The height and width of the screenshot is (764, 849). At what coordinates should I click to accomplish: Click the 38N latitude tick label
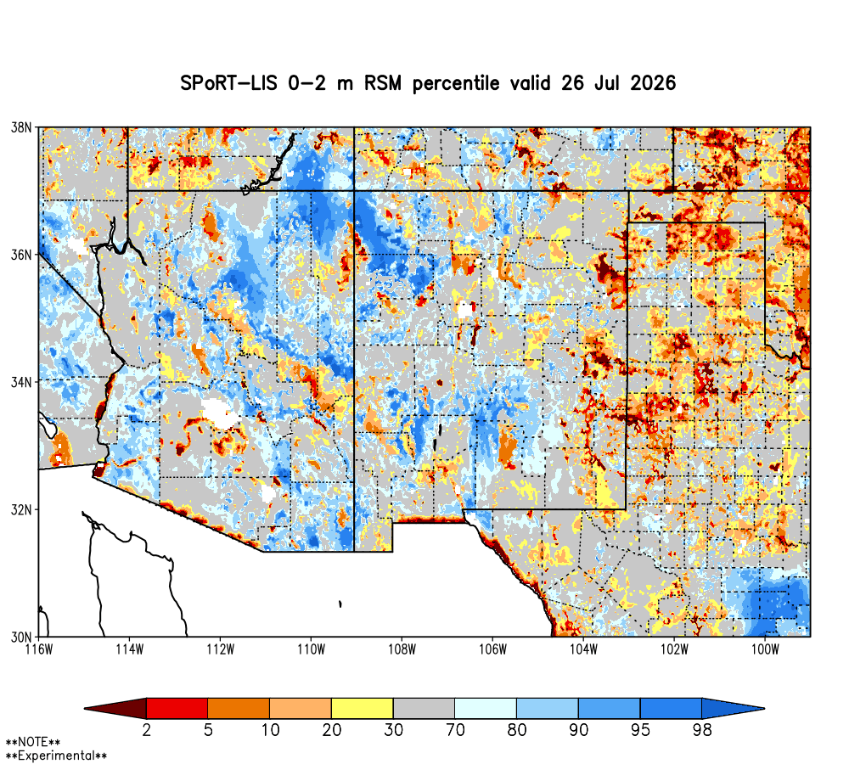[x=21, y=127]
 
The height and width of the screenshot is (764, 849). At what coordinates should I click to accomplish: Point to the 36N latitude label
[x=21, y=255]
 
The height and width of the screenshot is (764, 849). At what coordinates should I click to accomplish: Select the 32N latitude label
[x=21, y=509]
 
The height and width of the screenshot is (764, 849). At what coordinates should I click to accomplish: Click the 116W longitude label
[x=39, y=649]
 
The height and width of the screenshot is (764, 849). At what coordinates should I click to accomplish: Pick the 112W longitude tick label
[x=221, y=649]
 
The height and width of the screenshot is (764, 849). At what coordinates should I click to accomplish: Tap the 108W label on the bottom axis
[x=402, y=649]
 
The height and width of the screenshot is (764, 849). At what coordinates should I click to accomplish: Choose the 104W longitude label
[x=583, y=649]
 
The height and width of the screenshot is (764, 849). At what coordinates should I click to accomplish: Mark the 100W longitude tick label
[x=765, y=649]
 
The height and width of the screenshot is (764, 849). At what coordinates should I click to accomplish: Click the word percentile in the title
[x=456, y=83]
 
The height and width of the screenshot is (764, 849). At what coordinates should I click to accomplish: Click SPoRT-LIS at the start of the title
[x=228, y=83]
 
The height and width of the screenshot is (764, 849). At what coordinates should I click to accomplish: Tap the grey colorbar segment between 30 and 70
[x=424, y=708]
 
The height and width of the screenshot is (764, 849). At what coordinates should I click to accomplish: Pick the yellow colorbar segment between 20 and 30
[x=363, y=708]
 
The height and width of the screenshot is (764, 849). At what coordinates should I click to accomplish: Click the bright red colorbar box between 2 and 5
[x=177, y=708]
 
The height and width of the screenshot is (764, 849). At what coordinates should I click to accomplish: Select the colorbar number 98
[x=702, y=730]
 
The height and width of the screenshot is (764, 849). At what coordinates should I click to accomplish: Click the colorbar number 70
[x=455, y=730]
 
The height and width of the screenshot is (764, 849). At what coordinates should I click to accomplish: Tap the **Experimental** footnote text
[x=56, y=756]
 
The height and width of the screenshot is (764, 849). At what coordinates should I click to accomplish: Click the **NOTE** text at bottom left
[x=33, y=742]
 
